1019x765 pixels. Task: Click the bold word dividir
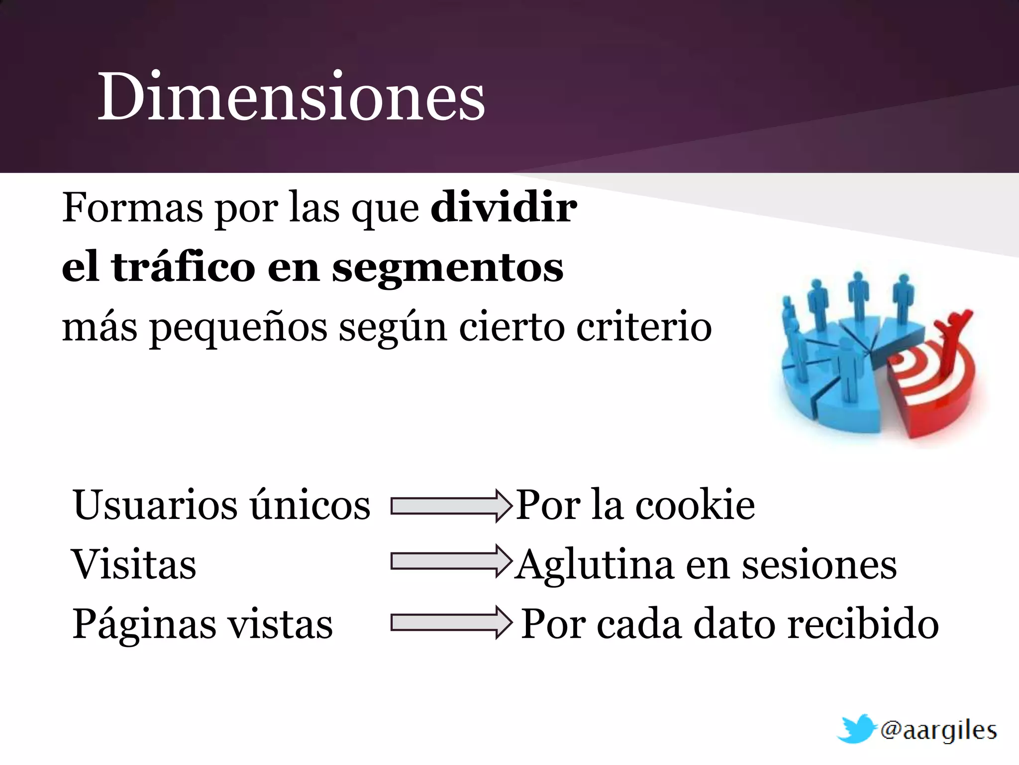504,207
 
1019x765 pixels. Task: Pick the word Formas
132,207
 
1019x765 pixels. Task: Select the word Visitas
134,565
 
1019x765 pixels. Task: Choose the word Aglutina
594,566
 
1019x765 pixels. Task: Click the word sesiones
819,565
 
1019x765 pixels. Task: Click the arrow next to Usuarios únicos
451,506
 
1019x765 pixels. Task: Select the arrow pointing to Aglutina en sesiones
451,561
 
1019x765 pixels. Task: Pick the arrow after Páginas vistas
451,622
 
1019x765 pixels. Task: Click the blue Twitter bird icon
856,729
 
